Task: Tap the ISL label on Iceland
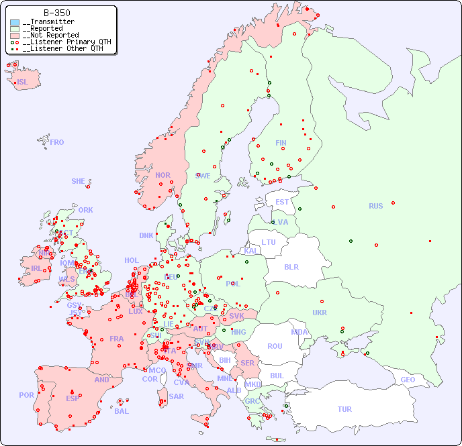pyautogui.click(x=23, y=82)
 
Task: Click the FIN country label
pyautogui.click(x=281, y=143)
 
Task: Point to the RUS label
pyautogui.click(x=375, y=206)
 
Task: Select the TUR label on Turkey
pyautogui.click(x=344, y=409)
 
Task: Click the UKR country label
pyautogui.click(x=320, y=313)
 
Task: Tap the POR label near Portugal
pyautogui.click(x=26, y=395)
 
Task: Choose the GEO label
pyautogui.click(x=408, y=380)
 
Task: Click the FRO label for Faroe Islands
pyautogui.click(x=57, y=142)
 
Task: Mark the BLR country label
pyautogui.click(x=291, y=266)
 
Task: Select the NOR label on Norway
pyautogui.click(x=163, y=175)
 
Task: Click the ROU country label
pyautogui.click(x=275, y=346)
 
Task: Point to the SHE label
pyautogui.click(x=79, y=181)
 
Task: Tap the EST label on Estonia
pyautogui.click(x=282, y=202)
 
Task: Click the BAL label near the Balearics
pyautogui.click(x=121, y=411)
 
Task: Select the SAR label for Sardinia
pyautogui.click(x=176, y=396)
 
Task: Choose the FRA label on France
pyautogui.click(x=117, y=339)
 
